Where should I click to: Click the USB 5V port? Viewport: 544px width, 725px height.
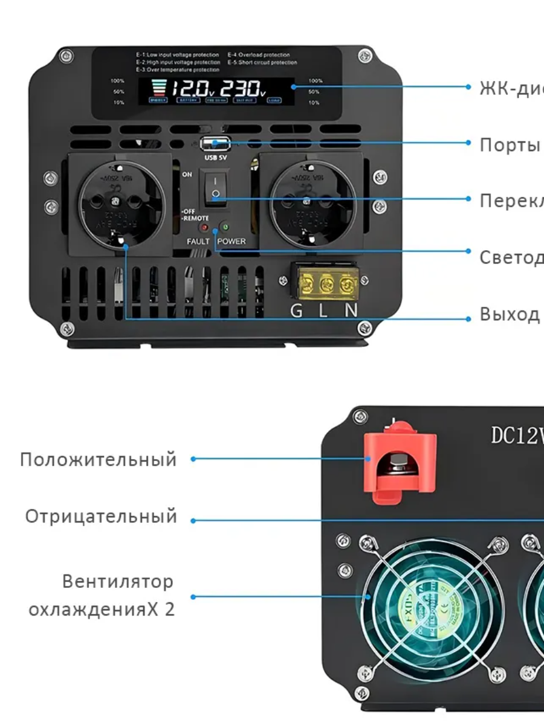tap(215, 144)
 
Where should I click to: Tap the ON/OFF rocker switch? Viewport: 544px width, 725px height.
tap(215, 187)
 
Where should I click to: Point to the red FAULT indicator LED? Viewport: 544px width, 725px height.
tap(204, 228)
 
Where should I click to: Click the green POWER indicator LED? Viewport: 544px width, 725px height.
tap(225, 228)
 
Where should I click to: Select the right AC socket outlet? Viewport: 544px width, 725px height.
tap(311, 202)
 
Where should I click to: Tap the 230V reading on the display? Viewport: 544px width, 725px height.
tap(242, 89)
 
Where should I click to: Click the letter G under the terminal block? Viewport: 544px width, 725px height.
tap(296, 311)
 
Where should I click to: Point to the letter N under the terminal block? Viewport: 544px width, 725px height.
tap(351, 311)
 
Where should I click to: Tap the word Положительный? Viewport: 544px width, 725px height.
tap(99, 459)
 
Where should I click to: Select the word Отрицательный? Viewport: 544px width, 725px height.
tap(102, 517)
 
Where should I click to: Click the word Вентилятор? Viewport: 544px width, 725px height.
tap(117, 582)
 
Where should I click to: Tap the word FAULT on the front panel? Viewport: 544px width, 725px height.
tap(198, 241)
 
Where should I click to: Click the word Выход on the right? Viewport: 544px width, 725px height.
tap(510, 314)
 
